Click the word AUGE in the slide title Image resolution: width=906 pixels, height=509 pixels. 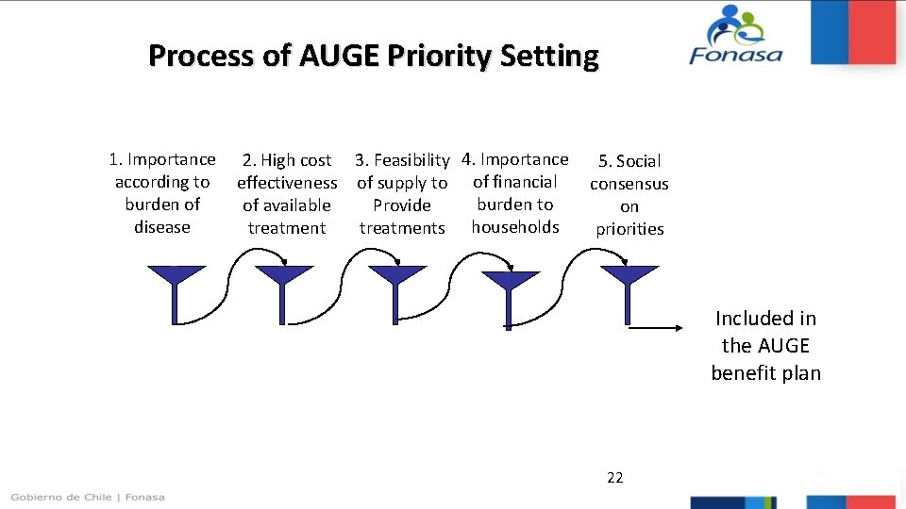point(339,57)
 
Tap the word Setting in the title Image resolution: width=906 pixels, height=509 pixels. point(549,57)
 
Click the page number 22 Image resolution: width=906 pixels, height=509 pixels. point(614,478)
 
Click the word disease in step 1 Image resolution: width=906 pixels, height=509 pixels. point(162,227)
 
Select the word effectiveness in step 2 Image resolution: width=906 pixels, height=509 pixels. point(287,183)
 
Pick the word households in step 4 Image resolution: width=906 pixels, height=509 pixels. point(515,227)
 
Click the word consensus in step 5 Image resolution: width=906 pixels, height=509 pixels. point(629,184)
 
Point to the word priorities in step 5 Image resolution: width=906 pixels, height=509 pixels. point(629,229)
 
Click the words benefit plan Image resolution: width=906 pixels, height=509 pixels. point(765,373)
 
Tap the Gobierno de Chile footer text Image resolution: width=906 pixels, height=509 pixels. point(88,497)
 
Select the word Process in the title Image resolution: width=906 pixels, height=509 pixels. point(201,57)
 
